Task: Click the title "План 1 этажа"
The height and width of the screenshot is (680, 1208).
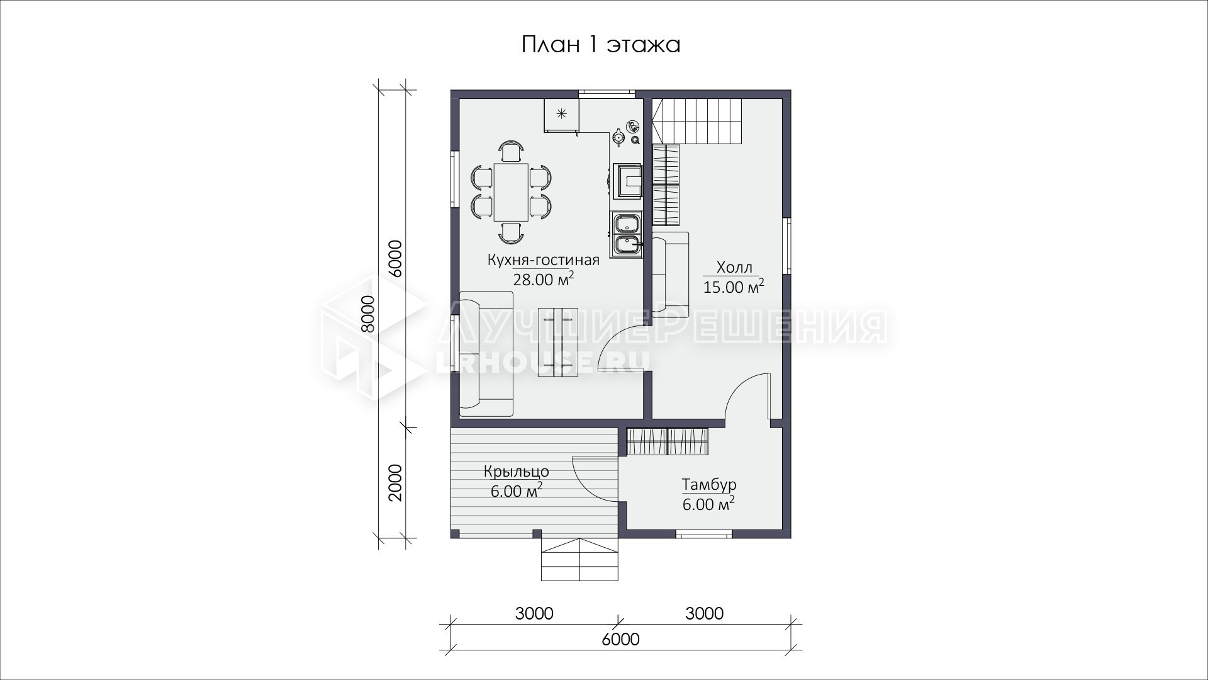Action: pyautogui.click(x=601, y=45)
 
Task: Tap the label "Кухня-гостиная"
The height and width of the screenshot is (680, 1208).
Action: pyautogui.click(x=544, y=260)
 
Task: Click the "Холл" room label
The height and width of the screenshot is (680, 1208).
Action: pyautogui.click(x=734, y=268)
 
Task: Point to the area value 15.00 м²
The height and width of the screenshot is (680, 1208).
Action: pyautogui.click(x=734, y=287)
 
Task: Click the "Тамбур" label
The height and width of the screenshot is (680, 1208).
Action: pyautogui.click(x=709, y=485)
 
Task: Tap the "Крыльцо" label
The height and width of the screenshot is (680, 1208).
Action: pyautogui.click(x=517, y=471)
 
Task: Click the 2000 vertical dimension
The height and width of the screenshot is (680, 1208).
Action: pyautogui.click(x=394, y=482)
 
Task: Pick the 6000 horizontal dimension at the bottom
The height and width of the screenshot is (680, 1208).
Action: pyautogui.click(x=620, y=639)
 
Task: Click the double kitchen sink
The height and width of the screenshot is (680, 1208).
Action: pyautogui.click(x=626, y=235)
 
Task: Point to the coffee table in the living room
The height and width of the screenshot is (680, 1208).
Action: pyautogui.click(x=558, y=343)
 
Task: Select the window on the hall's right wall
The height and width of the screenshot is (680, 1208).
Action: pyautogui.click(x=787, y=246)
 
